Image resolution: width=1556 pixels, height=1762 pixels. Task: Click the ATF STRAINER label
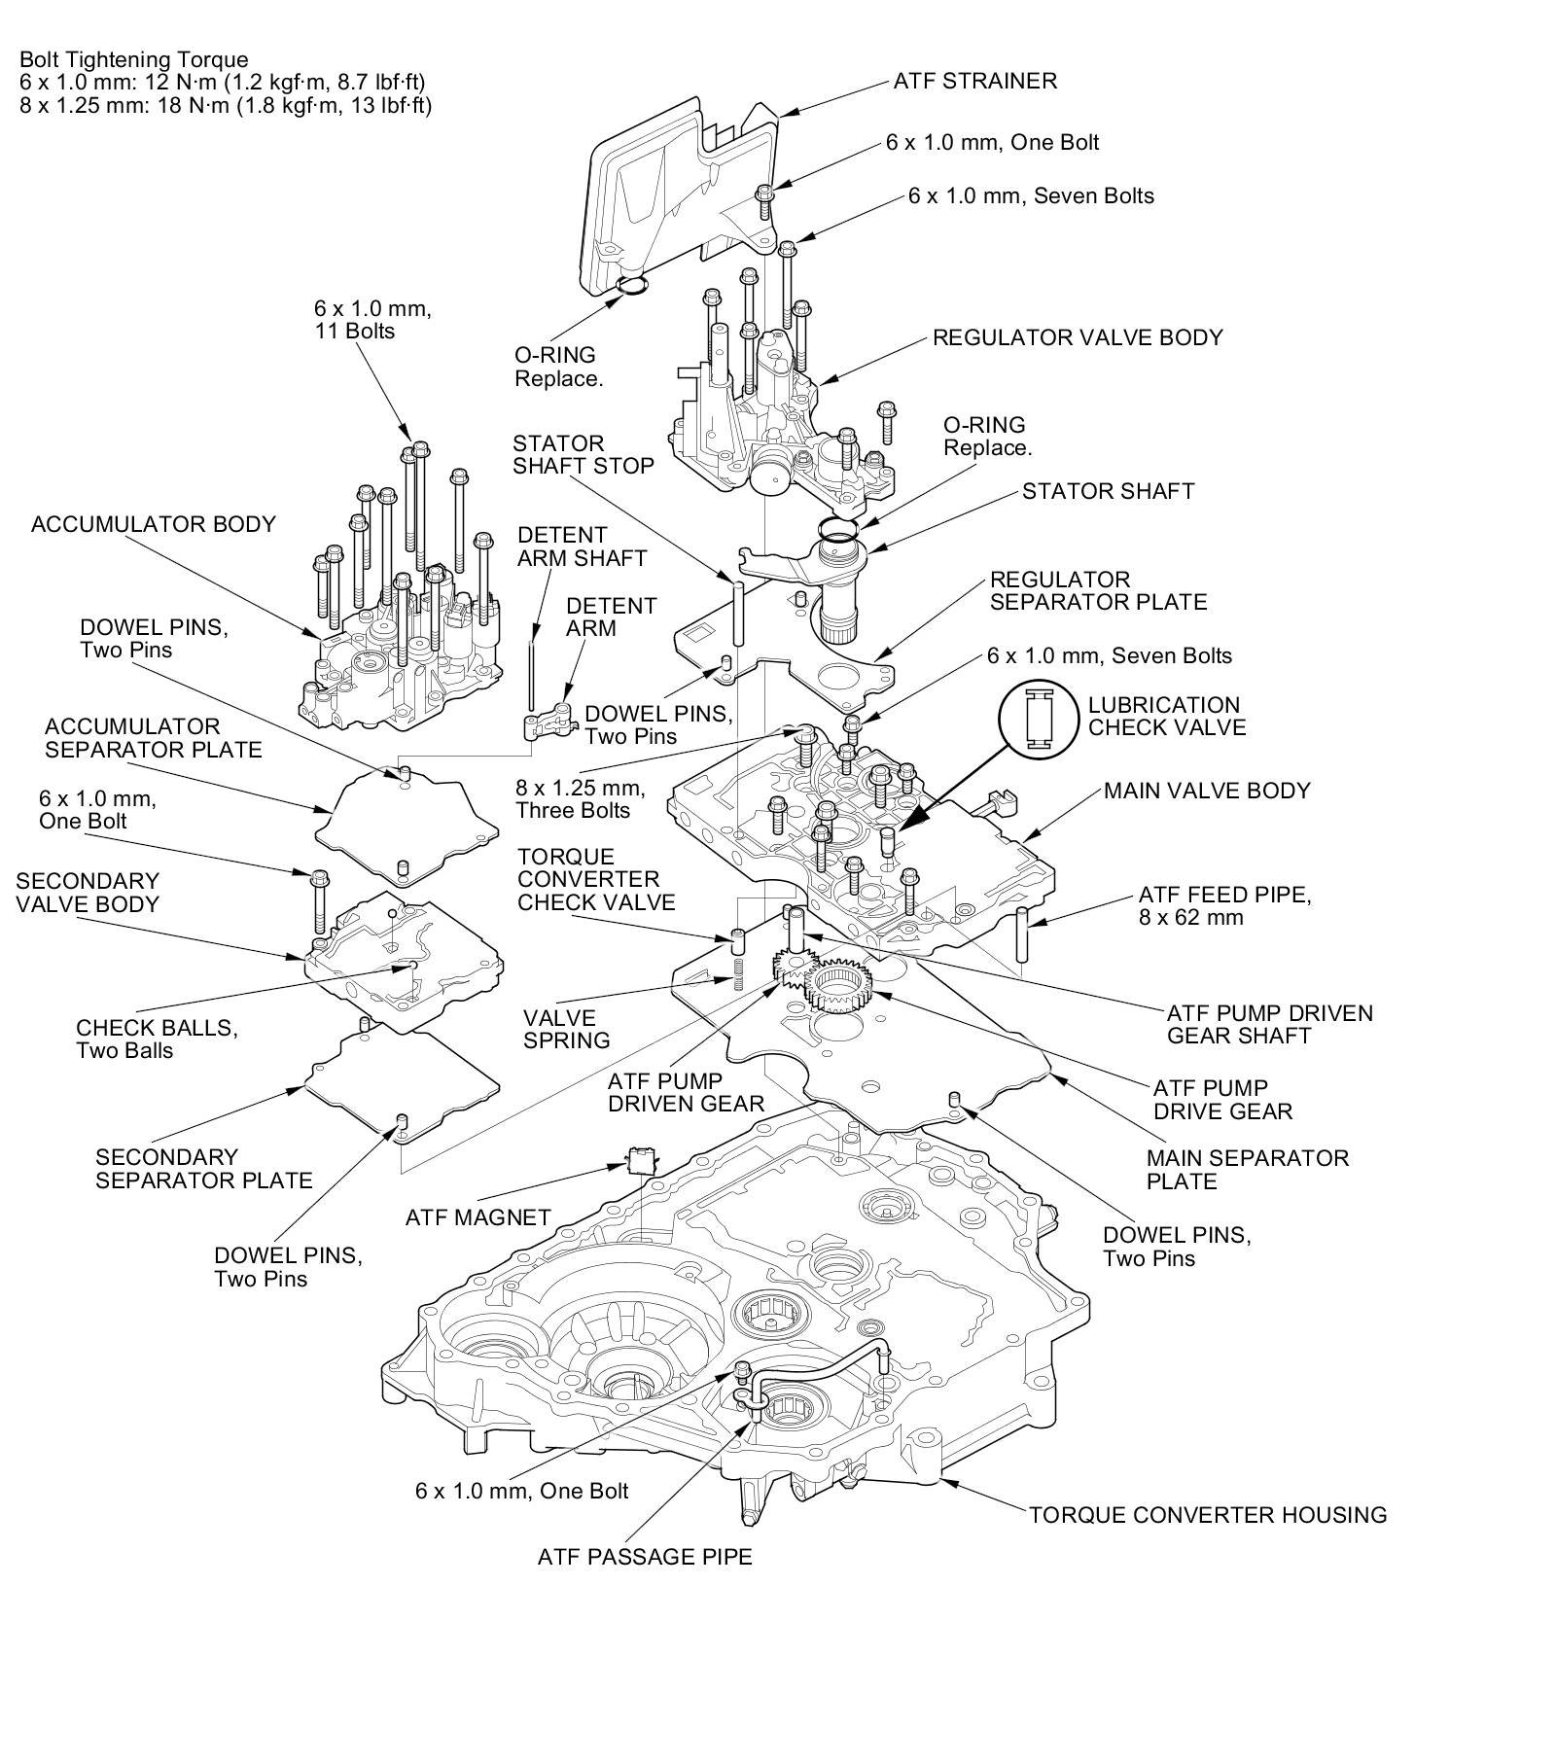(x=974, y=81)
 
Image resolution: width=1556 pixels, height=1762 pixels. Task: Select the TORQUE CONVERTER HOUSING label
(x=1208, y=1514)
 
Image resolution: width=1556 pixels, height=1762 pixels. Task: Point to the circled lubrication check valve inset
(x=1038, y=718)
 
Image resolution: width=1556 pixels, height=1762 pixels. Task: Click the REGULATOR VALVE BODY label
(x=1078, y=337)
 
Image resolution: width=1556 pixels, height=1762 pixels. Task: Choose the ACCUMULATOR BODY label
(x=154, y=524)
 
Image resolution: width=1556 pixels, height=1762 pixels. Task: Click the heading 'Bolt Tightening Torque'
(x=134, y=60)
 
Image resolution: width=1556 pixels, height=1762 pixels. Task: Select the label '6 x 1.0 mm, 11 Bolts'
(x=371, y=319)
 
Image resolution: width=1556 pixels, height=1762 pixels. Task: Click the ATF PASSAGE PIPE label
(x=645, y=1556)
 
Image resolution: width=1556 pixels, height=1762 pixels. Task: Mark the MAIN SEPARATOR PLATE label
(x=1247, y=1170)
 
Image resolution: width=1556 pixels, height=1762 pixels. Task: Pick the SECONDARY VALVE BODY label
(x=88, y=892)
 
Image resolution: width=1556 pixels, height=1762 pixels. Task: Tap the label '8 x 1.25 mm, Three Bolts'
(x=580, y=798)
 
